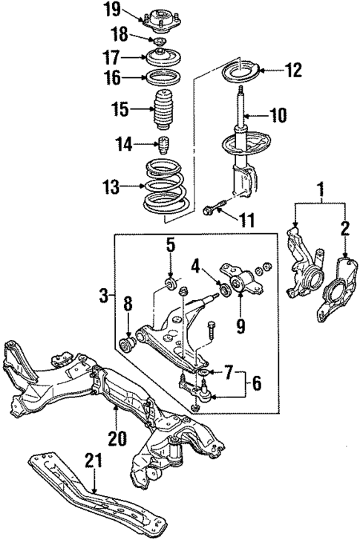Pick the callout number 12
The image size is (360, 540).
pyautogui.click(x=293, y=71)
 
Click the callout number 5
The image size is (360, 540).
pyautogui.click(x=169, y=244)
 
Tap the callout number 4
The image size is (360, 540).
pyautogui.click(x=195, y=265)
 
